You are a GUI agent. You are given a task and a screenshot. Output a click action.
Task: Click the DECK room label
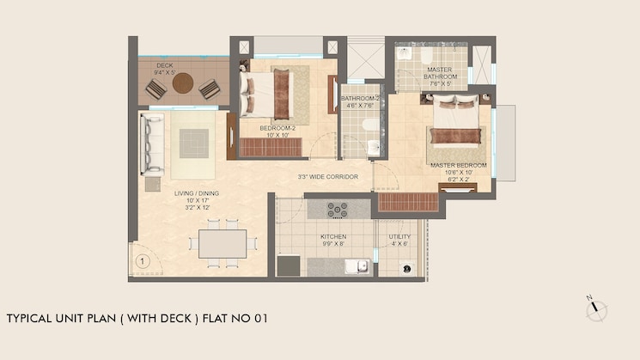[x=165, y=66]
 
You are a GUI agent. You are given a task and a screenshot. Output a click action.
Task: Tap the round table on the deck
[x=183, y=83]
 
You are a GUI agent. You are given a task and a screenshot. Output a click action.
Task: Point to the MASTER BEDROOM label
[x=458, y=165]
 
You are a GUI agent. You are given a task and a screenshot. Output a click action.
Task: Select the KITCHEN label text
[x=332, y=236]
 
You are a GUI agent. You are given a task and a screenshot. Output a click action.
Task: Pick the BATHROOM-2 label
[x=359, y=99]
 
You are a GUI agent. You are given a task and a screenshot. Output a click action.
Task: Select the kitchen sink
[x=356, y=266]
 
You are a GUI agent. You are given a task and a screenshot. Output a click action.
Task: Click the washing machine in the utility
[x=406, y=268]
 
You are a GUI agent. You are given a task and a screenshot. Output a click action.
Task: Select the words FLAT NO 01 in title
[x=235, y=318]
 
